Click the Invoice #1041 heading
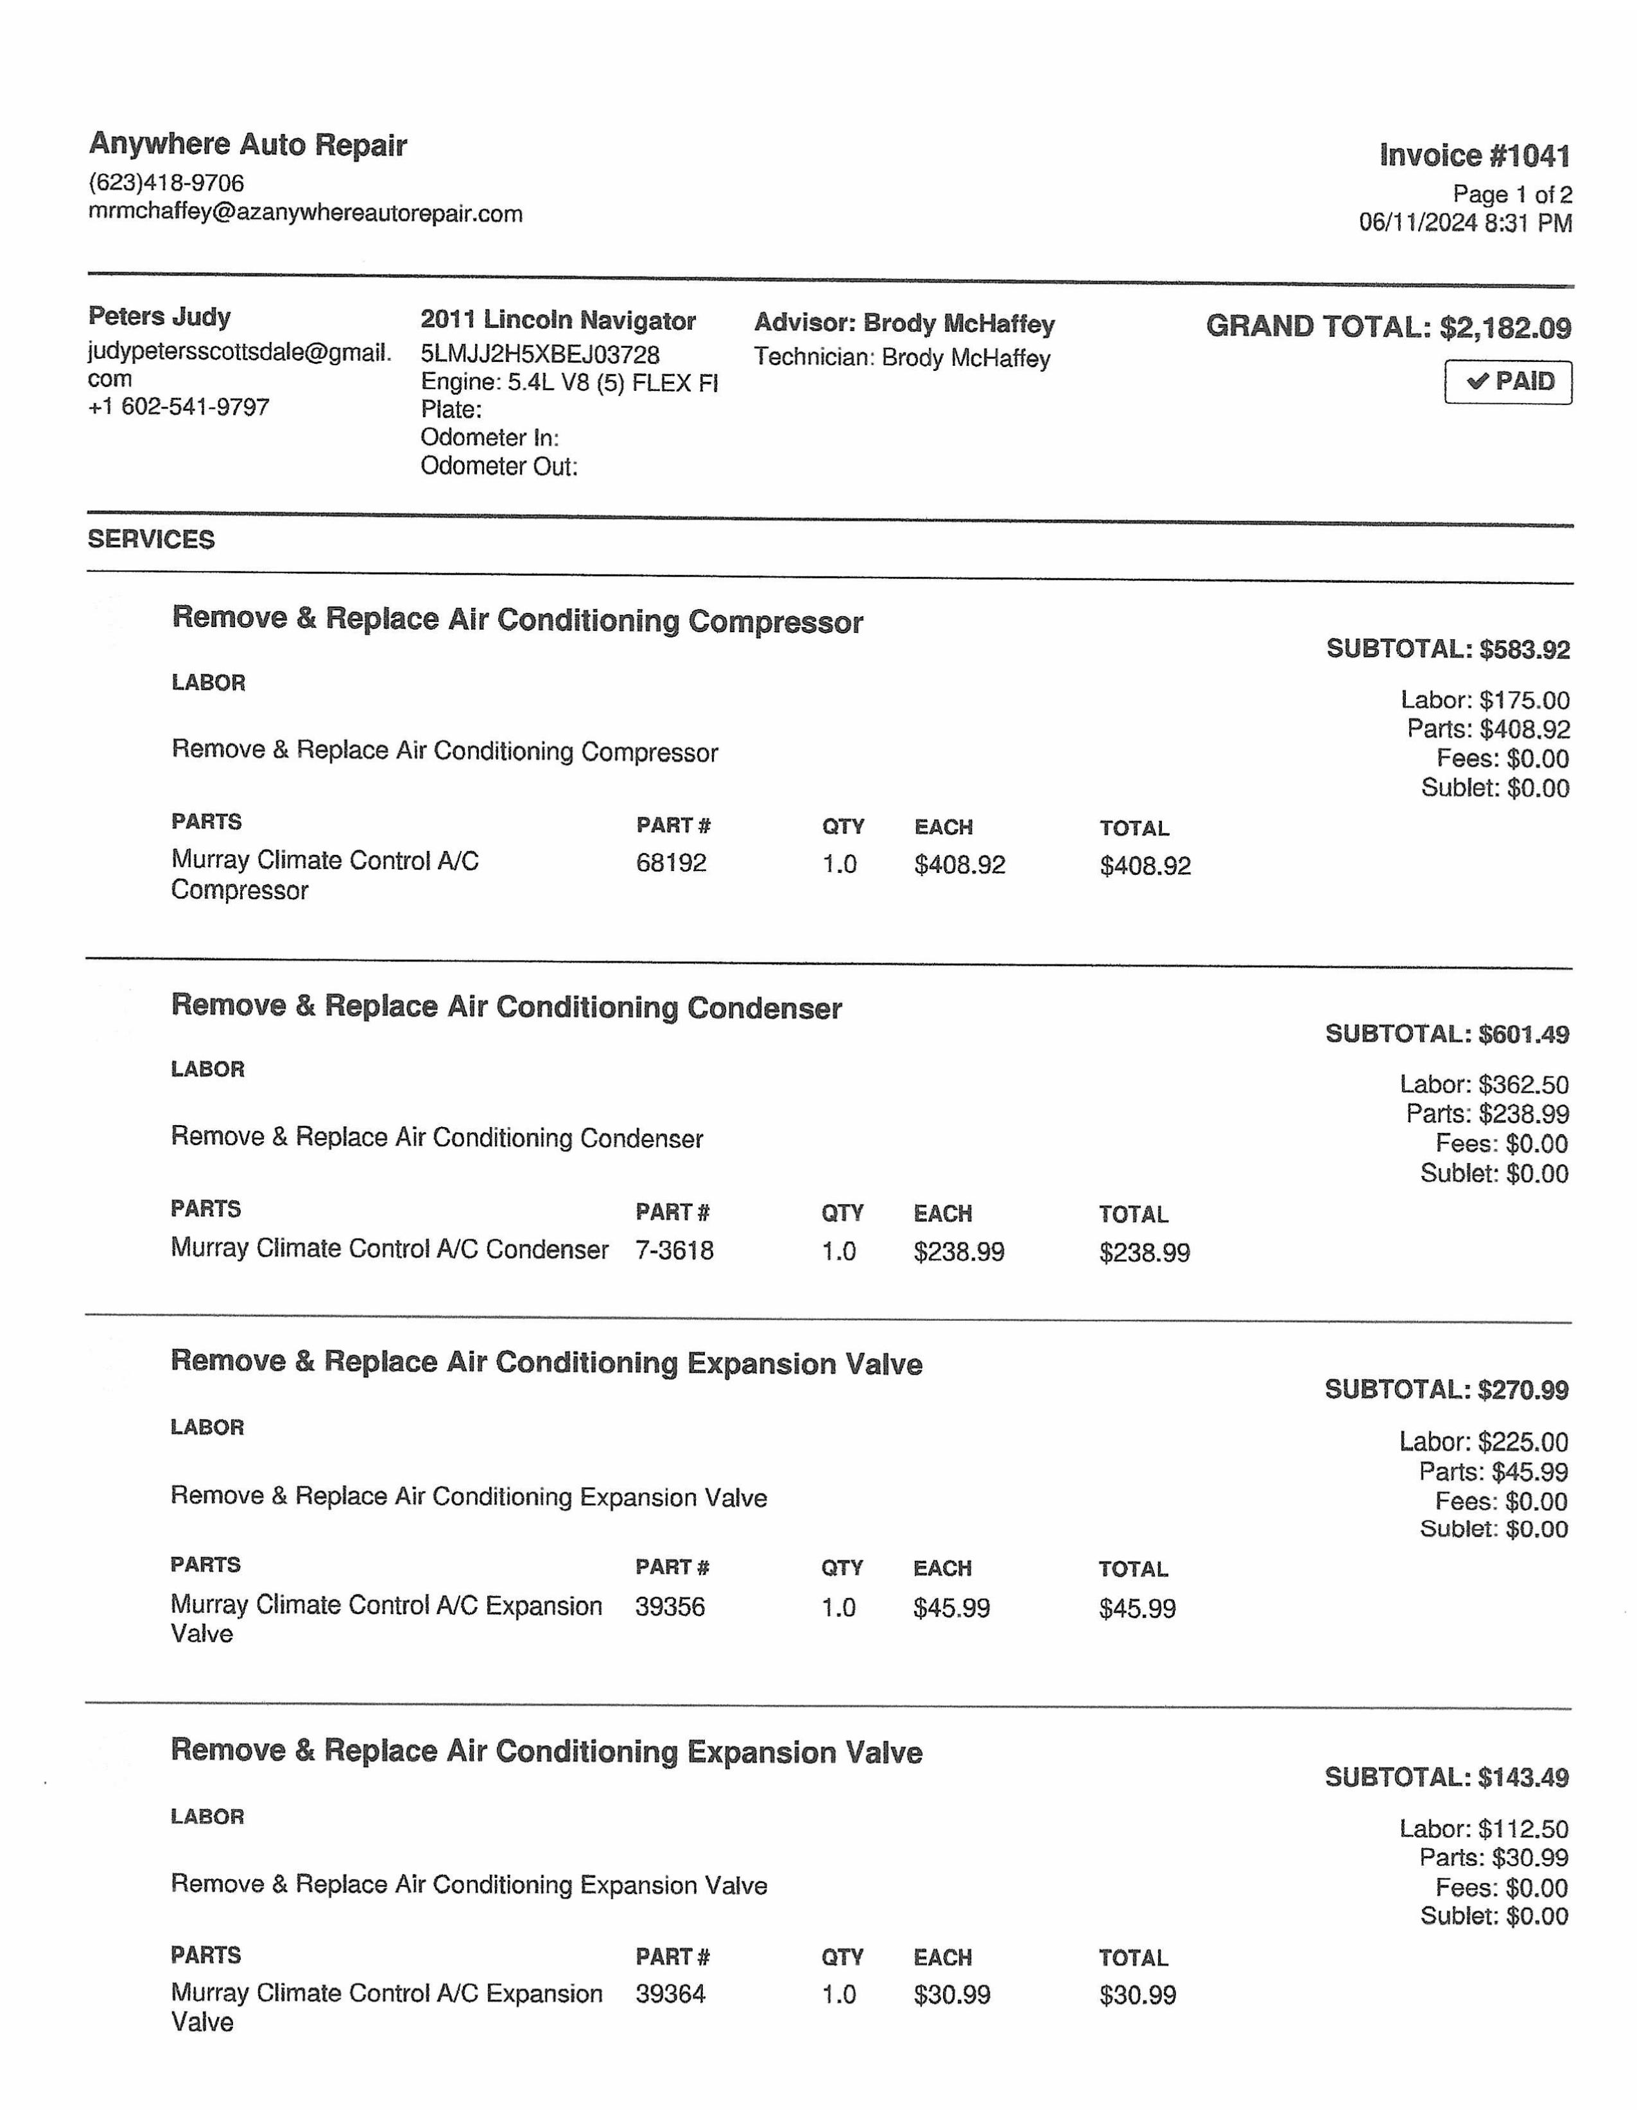pyautogui.click(x=1474, y=155)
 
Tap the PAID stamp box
pyautogui.click(x=1508, y=381)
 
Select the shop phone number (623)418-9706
pyautogui.click(x=166, y=184)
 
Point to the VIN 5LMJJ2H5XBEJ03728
pyautogui.click(x=540, y=355)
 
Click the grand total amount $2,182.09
pyautogui.click(x=1505, y=328)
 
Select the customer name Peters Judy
pyautogui.click(x=159, y=316)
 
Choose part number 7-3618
pyautogui.click(x=674, y=1250)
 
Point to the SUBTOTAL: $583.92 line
pyautogui.click(x=1448, y=649)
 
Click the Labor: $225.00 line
pyautogui.click(x=1484, y=1442)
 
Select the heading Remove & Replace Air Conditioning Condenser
pyautogui.click(x=507, y=1006)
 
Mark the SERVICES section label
pyautogui.click(x=152, y=539)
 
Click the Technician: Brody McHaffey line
pyautogui.click(x=902, y=358)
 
